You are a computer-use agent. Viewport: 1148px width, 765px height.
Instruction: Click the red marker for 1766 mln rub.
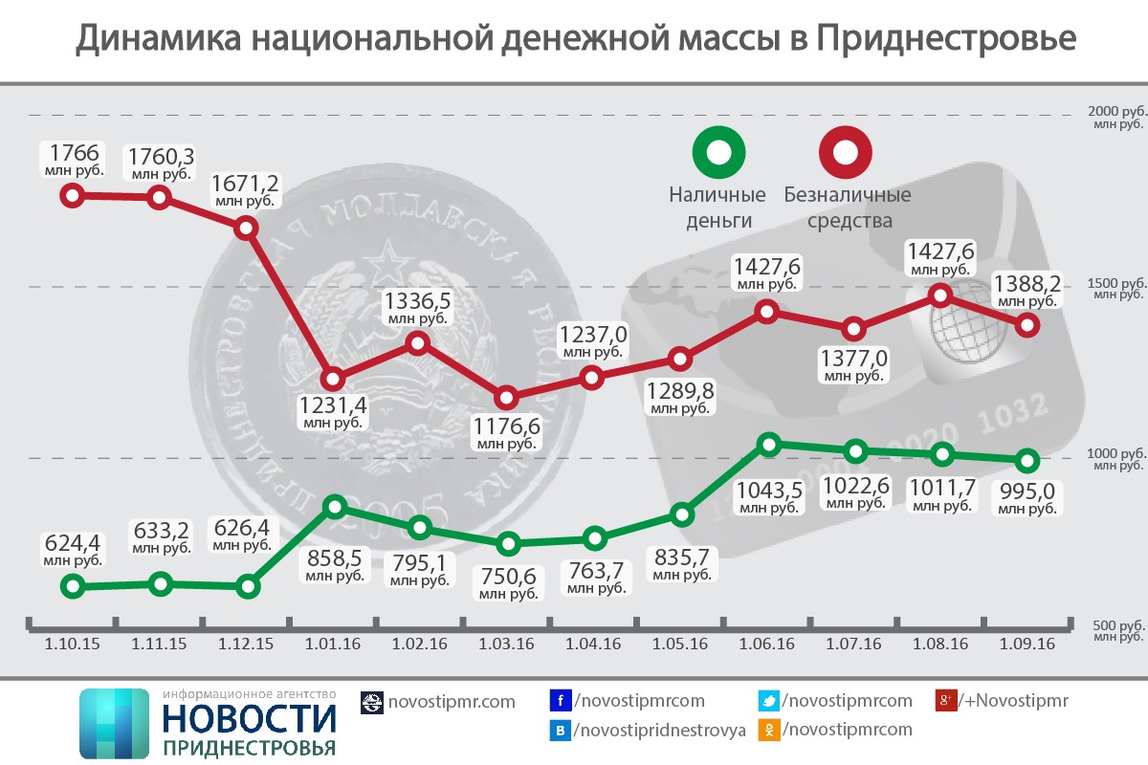[72, 196]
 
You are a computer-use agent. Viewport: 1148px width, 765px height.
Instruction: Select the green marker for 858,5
[333, 507]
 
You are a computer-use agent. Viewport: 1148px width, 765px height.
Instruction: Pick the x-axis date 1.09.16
[1027, 645]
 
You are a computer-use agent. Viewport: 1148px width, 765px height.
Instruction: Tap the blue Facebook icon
[560, 701]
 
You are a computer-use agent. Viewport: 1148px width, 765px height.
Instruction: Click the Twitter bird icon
[767, 701]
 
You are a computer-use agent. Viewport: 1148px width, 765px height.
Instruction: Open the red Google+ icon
[945, 701]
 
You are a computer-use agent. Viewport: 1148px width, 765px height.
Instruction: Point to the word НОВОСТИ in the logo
[250, 718]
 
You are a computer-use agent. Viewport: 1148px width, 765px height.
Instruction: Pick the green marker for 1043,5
[768, 444]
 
